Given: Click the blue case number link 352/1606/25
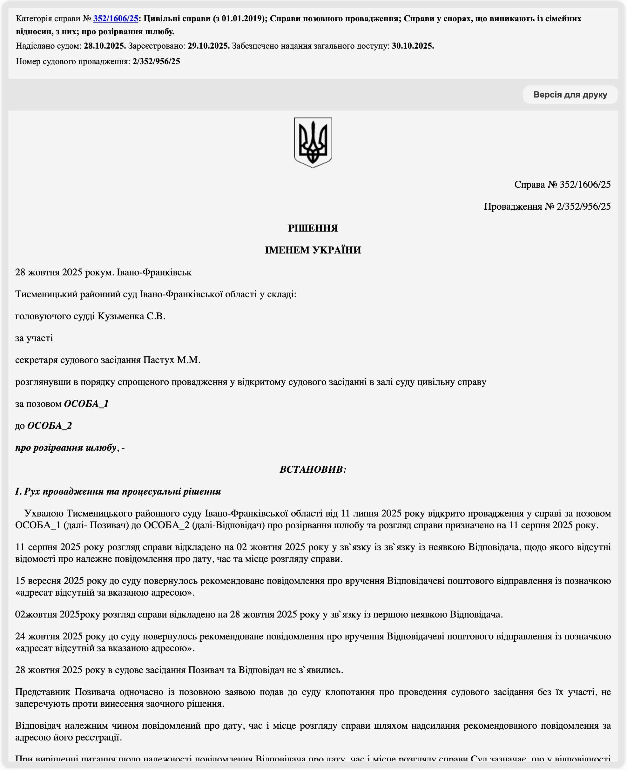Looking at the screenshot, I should tap(116, 18).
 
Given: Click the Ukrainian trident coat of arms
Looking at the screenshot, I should tap(313, 142).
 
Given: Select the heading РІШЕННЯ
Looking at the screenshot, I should tap(313, 228).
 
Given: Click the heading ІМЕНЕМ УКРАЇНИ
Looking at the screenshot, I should tap(313, 250).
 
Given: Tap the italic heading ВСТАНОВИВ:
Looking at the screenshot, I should tap(313, 469).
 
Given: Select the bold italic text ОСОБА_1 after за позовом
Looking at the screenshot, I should tap(86, 404).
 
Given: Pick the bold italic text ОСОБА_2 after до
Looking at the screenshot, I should tap(50, 426).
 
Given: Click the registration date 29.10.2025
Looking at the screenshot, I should tap(208, 46).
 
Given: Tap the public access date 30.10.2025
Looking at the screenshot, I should tap(413, 46).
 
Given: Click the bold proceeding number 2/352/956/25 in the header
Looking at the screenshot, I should tap(156, 61).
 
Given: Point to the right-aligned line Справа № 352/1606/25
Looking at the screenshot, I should tap(562, 185).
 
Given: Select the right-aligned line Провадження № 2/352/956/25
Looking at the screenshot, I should tap(547, 206).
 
